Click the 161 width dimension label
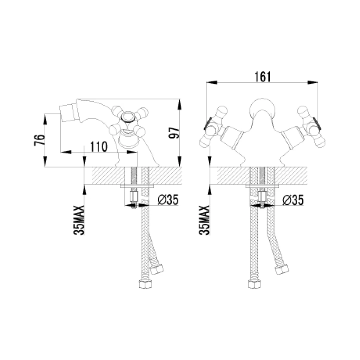click(262, 77)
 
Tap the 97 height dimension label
click(174, 133)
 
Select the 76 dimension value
click(40, 140)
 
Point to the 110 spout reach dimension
click(99, 147)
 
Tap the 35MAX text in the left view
click(79, 220)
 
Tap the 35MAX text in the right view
click(204, 220)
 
